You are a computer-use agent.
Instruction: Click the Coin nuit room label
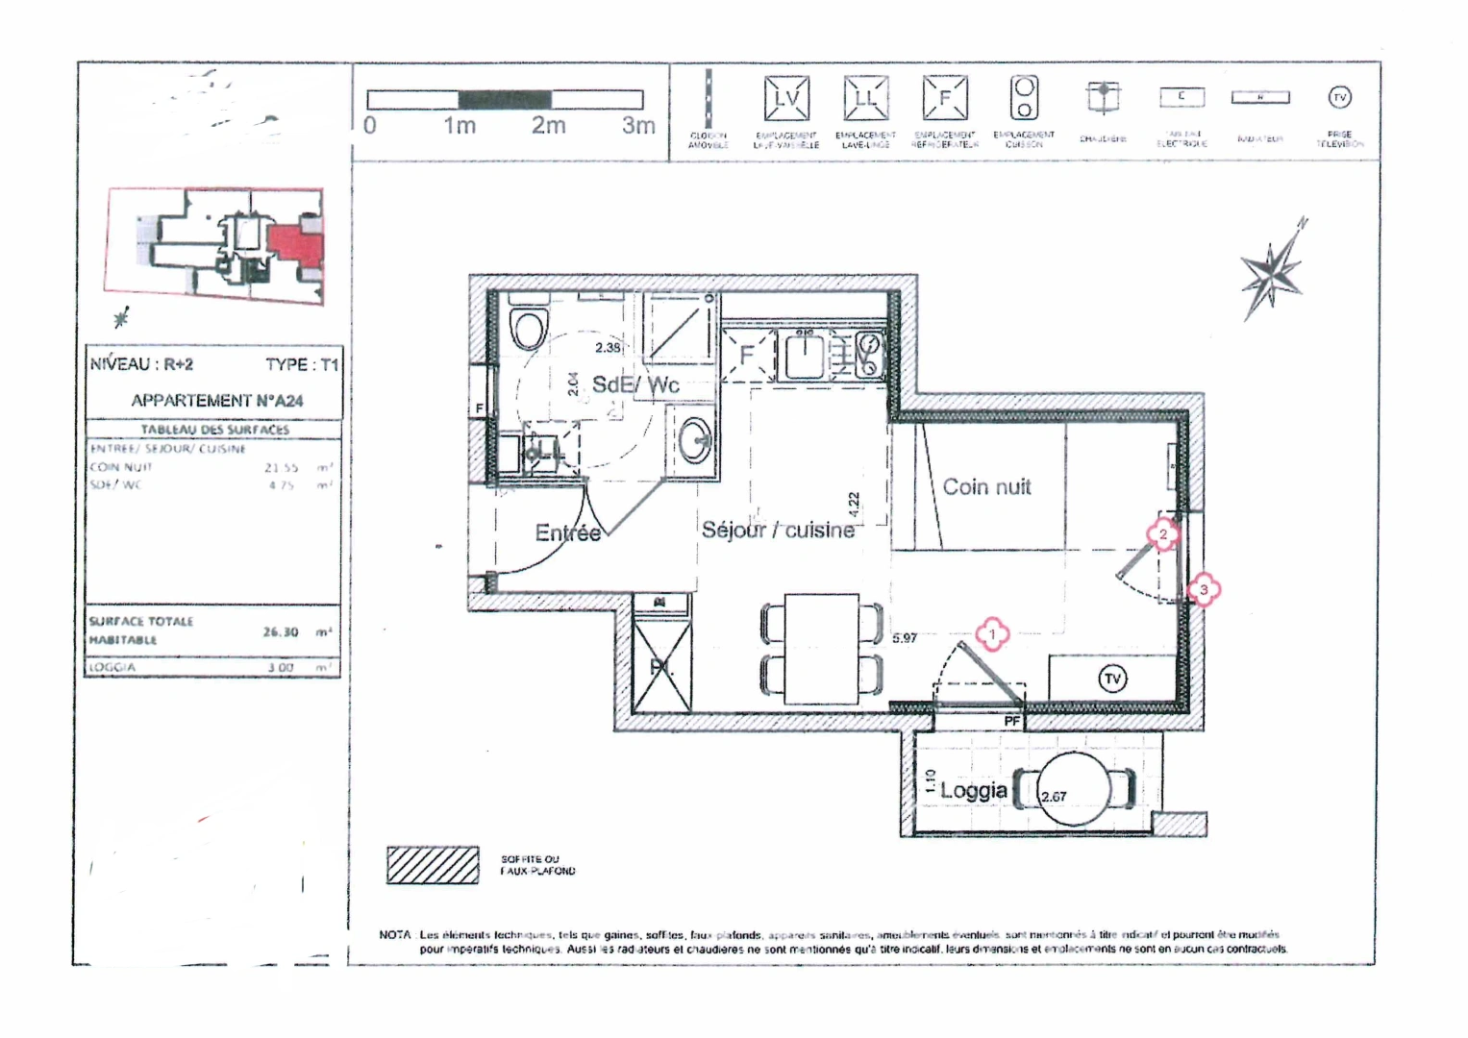985,487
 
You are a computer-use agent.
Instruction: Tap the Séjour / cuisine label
778,531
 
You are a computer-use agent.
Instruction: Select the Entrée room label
567,533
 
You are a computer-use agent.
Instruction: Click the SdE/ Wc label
635,385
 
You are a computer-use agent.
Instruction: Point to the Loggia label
973,791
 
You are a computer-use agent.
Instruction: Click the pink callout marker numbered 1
992,634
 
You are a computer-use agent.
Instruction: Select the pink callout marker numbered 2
1163,534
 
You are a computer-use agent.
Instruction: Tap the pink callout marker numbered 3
1204,590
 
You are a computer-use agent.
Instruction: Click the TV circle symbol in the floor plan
1112,679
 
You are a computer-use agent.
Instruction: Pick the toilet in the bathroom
529,326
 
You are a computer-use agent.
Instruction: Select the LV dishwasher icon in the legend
786,98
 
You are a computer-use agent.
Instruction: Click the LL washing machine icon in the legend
865,98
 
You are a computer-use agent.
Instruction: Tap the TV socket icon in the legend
1339,97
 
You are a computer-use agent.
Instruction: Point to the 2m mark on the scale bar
549,126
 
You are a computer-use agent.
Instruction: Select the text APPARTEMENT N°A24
216,401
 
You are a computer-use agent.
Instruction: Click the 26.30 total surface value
280,632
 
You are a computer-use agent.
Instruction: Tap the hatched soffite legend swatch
433,865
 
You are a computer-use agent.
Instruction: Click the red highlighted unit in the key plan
295,243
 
